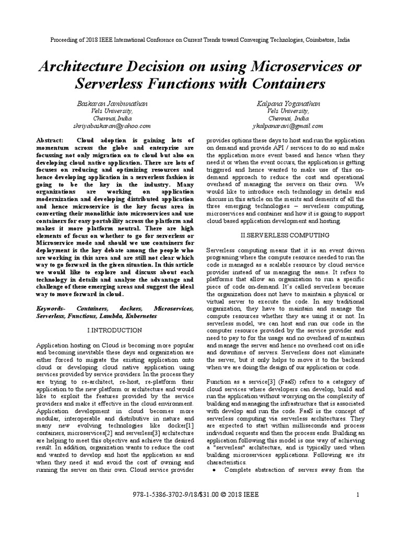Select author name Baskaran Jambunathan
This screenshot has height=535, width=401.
[112, 104]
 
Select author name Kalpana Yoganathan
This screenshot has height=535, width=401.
[287, 104]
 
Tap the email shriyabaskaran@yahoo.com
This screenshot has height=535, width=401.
[112, 126]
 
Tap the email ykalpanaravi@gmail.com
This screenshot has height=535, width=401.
[287, 126]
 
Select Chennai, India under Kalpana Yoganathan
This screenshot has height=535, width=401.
[287, 119]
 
